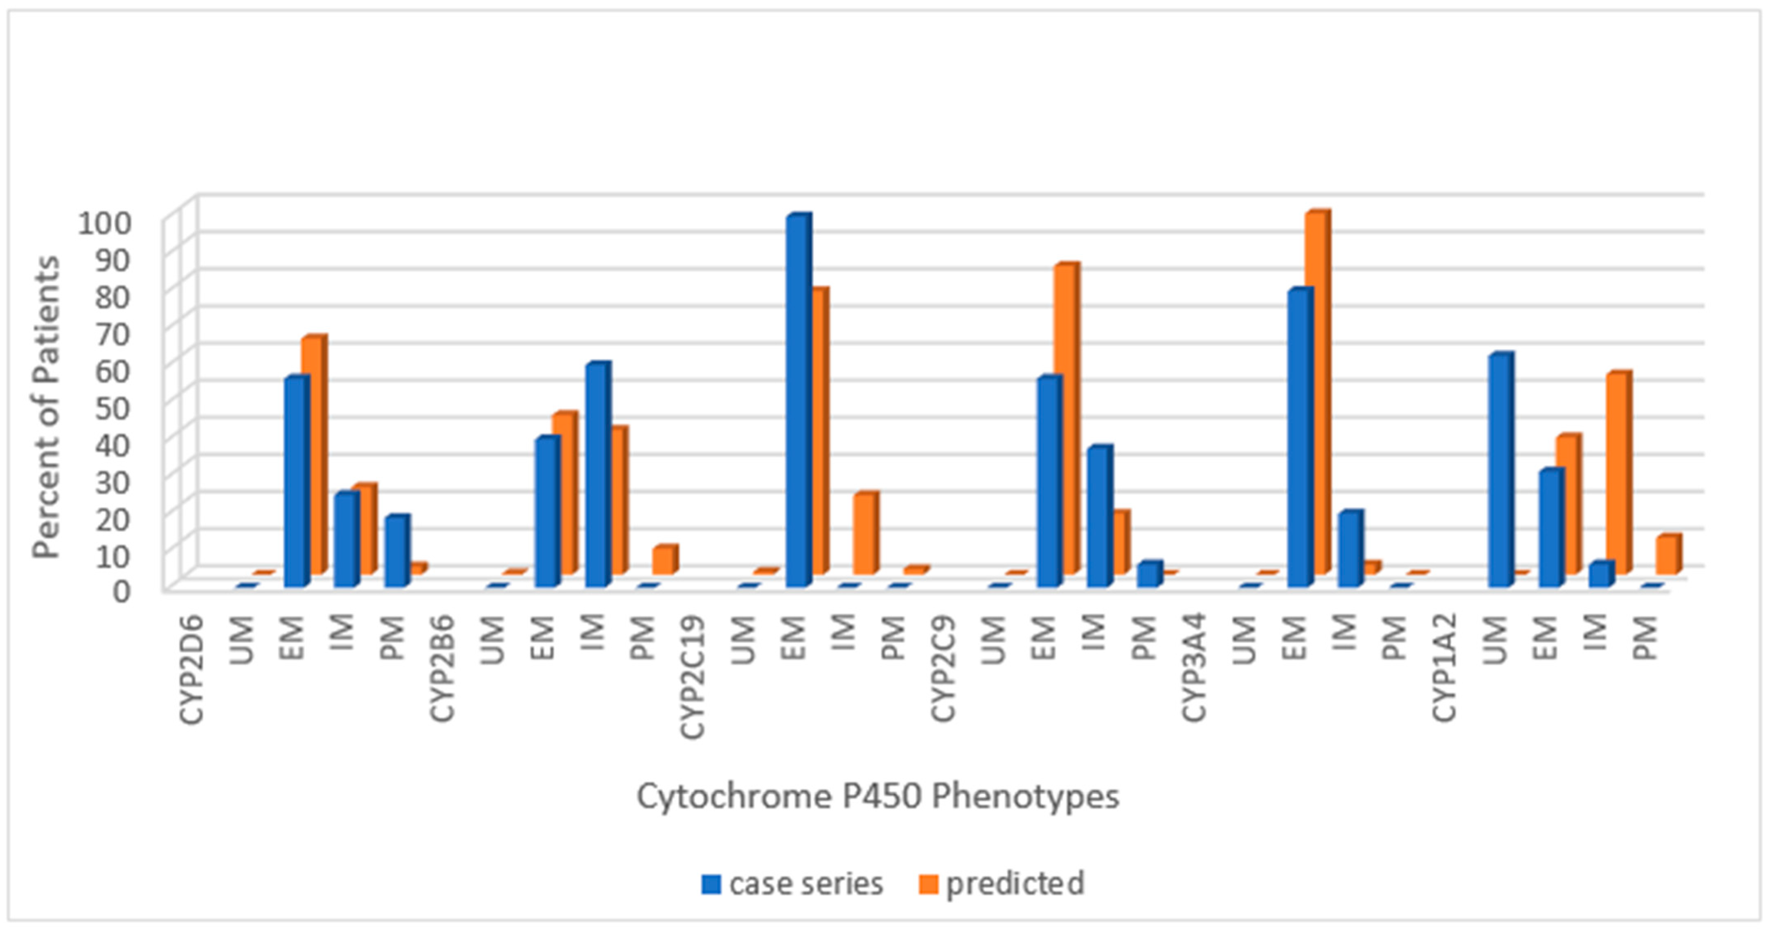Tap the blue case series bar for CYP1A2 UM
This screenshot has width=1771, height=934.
point(1499,471)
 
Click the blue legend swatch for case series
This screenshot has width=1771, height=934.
point(711,884)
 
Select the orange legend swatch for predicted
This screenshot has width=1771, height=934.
point(928,884)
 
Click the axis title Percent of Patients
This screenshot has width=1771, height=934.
point(47,407)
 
